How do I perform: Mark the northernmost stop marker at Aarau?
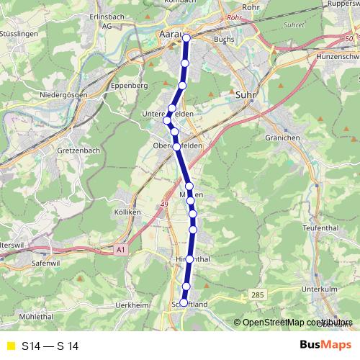click(x=186, y=37)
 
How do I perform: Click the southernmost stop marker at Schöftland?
click(x=184, y=302)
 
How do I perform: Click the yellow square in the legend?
click(x=10, y=346)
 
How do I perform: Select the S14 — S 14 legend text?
click(x=50, y=346)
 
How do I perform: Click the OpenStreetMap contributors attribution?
click(x=297, y=323)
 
